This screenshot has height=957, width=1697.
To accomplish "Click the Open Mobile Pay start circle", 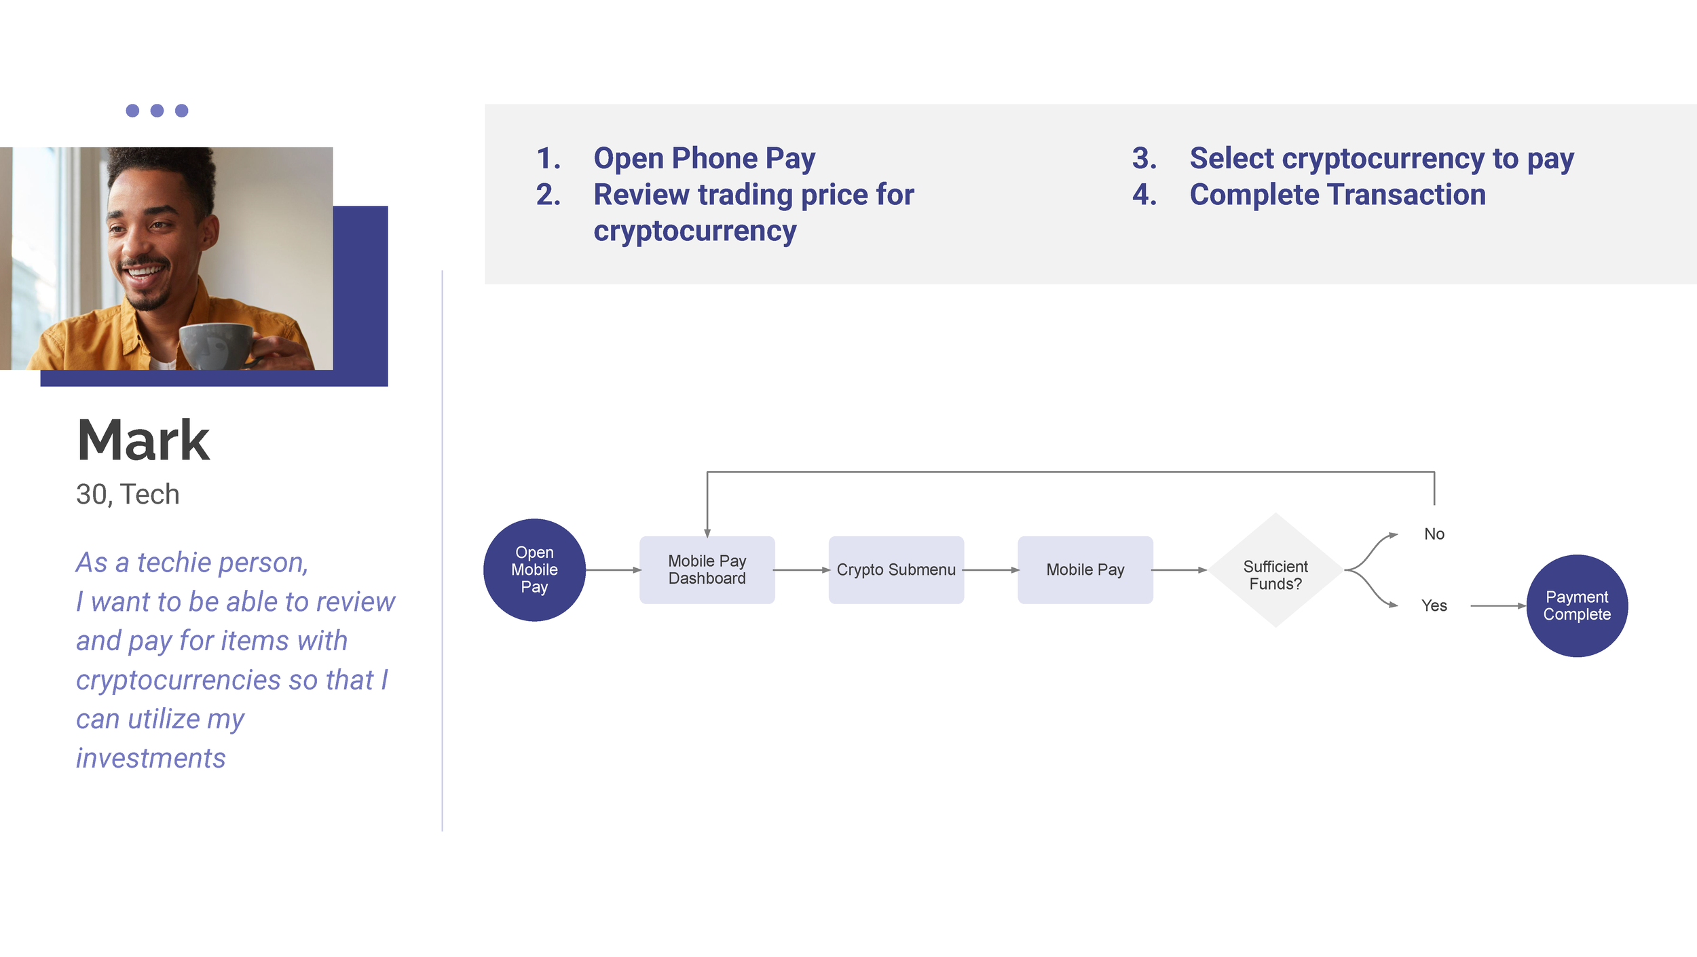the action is point(534,570).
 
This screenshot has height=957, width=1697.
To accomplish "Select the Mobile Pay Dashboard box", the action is point(707,570).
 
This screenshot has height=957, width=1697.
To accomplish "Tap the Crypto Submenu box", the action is point(896,570).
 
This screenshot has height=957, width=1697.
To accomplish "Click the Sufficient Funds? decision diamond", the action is point(1275,570).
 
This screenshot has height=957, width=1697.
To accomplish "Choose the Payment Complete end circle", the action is point(1577,605).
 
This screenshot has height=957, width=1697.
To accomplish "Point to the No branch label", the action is point(1434,534).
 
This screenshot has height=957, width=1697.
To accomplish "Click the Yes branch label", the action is point(1434,605).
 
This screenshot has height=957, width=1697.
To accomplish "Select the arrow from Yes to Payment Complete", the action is point(1498,605).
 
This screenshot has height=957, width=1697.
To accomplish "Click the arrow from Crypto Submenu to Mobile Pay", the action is point(991,570).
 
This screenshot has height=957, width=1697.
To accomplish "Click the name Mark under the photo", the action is point(143,440).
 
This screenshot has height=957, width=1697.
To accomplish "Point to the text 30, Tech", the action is point(128,494).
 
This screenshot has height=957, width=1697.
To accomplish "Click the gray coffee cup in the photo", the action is point(216,346).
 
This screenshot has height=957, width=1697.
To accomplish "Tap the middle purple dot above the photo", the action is point(157,111).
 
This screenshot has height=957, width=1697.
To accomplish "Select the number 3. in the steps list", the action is point(1144,158).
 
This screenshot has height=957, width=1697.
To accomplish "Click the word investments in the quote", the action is point(151,758).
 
